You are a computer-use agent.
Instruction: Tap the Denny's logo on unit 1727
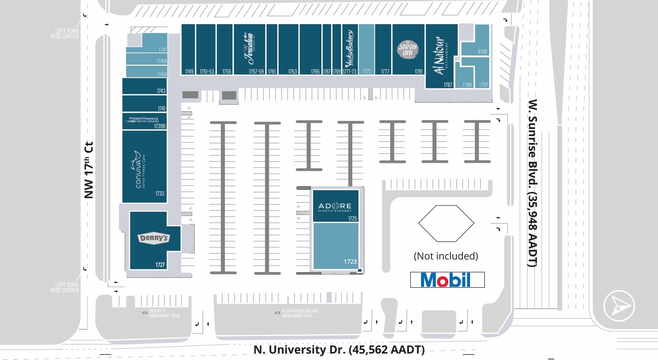(153, 238)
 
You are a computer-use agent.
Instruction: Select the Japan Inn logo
(408, 49)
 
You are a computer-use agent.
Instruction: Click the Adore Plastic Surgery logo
(335, 207)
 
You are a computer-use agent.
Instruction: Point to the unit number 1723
(350, 262)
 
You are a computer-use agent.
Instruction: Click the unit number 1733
(160, 194)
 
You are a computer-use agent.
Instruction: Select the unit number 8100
(482, 52)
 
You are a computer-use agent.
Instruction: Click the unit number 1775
(366, 71)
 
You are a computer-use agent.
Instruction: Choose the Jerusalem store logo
(249, 48)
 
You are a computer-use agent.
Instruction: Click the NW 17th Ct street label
(89, 170)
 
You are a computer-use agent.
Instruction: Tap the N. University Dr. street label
(339, 350)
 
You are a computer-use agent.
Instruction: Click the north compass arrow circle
(619, 306)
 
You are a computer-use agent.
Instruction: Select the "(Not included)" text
(446, 256)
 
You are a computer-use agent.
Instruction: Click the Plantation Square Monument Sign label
(300, 313)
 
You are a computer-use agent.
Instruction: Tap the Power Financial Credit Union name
(144, 120)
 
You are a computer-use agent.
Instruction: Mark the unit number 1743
(161, 91)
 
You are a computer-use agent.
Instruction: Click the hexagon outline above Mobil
(446, 223)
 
